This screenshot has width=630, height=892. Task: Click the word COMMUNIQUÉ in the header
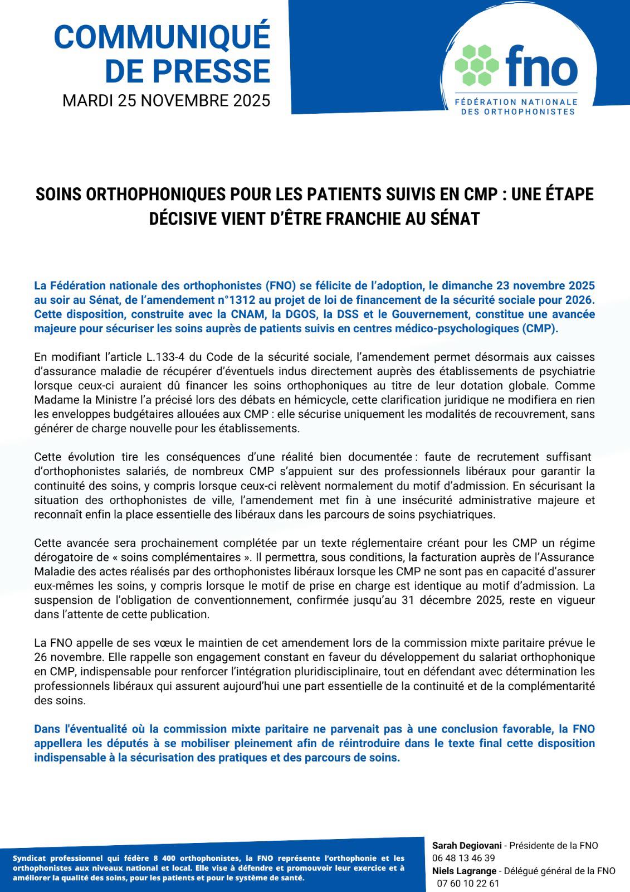[x=162, y=37]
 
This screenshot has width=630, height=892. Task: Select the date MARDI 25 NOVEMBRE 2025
[x=166, y=100]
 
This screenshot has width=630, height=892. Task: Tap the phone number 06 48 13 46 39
[x=463, y=858]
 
